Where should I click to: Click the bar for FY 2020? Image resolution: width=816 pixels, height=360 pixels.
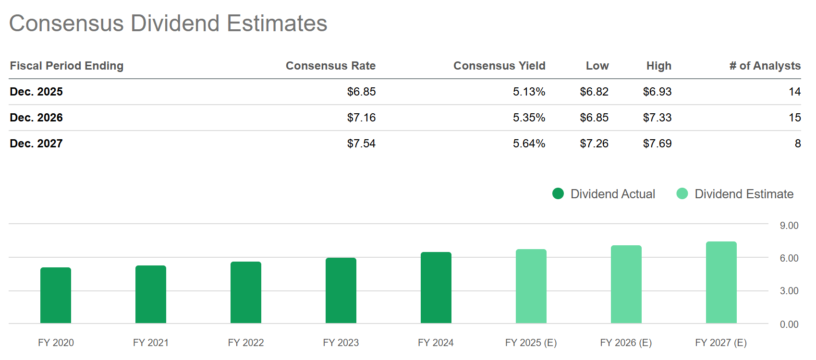pos(56,295)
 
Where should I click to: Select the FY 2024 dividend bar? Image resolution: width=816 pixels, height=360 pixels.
pos(436,288)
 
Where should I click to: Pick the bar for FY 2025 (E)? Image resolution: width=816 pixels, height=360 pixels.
pos(531,286)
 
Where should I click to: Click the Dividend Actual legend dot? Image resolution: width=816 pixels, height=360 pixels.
pos(558,193)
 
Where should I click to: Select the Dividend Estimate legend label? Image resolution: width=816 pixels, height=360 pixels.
pos(743,194)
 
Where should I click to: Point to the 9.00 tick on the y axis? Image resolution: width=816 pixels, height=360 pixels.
pos(789,226)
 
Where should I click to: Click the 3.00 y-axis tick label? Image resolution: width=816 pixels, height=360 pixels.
pos(789,291)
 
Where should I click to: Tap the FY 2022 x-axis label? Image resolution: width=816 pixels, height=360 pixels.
pos(246,343)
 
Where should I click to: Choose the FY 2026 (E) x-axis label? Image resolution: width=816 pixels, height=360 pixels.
pos(625,343)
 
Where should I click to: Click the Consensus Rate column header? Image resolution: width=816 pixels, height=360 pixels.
pos(330,66)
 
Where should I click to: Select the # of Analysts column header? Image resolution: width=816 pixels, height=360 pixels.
pos(765,66)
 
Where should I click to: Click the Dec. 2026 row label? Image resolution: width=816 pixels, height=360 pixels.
pos(37,118)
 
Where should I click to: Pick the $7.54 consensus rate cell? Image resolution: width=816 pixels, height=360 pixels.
pos(361,144)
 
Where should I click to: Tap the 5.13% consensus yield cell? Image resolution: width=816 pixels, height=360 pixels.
pos(529,92)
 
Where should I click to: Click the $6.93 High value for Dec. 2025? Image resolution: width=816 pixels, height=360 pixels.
pos(657,92)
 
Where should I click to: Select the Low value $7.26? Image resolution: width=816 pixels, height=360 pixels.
pos(594,144)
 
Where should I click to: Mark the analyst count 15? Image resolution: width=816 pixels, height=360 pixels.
pos(794,118)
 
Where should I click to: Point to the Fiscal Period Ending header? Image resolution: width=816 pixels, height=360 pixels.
pos(67,66)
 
